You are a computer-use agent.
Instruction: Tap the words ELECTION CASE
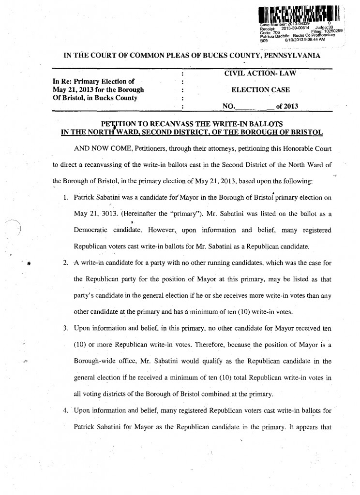256,89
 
